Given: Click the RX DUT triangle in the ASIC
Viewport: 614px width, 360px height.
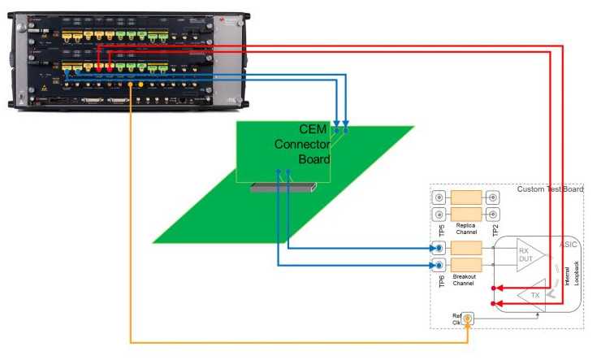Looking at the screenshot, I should click(529, 256).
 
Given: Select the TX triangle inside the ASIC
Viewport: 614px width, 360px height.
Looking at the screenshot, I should click(533, 295).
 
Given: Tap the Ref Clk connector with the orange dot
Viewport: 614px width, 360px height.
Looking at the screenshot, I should click(467, 319).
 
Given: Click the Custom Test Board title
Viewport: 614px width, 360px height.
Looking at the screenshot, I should click(550, 189).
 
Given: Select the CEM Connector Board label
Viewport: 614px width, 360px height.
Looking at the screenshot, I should click(302, 144).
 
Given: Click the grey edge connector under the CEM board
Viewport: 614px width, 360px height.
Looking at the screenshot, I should click(281, 188).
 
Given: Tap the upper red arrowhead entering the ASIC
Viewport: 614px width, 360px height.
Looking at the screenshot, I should click(499, 288).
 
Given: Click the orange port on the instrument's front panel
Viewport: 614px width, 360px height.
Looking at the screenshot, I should click(141, 83).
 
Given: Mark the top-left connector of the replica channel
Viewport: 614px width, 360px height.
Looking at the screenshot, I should click(439, 198).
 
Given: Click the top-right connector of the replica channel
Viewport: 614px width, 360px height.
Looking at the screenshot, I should click(492, 198).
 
